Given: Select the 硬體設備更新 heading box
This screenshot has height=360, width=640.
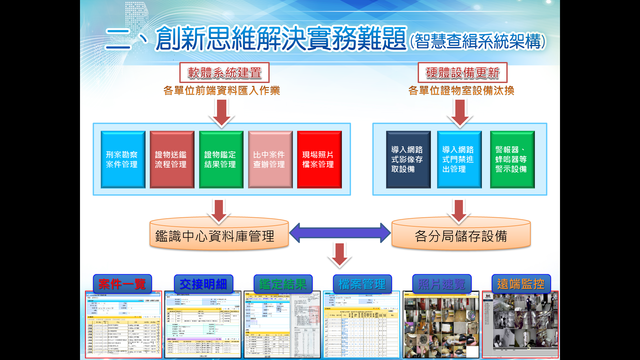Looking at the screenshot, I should tap(459, 73).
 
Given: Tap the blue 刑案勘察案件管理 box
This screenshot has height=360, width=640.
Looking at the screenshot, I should tap(118, 158).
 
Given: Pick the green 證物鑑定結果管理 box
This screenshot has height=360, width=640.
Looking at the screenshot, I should tap(219, 158).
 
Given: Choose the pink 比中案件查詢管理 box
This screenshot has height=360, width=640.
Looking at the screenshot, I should tap(269, 158).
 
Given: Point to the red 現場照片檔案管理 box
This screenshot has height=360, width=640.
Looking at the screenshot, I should tap(318, 158).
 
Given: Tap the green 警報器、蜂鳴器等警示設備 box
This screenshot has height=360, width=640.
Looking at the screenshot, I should tap(511, 158).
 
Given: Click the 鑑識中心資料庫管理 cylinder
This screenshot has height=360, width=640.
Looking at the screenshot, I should tap(219, 236).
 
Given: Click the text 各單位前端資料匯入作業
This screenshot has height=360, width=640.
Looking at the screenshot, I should tap(221, 91).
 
